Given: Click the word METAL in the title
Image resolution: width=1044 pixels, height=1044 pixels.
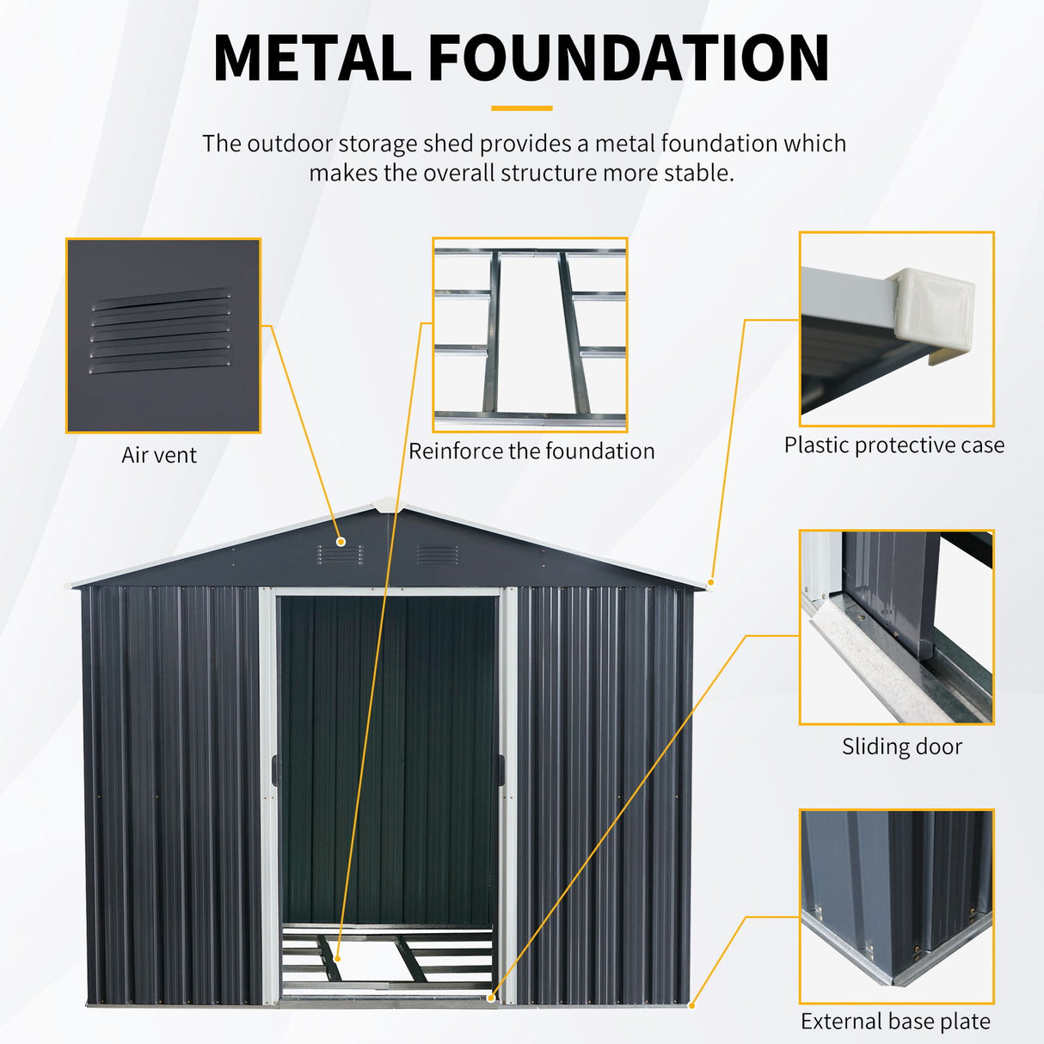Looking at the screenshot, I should coord(312,58).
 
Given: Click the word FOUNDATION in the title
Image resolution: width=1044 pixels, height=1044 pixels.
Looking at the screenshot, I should coord(628,58).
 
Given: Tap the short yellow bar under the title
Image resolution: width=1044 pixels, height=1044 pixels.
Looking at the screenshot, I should coord(522,108).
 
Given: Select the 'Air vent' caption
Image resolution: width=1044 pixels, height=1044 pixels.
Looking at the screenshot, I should coord(159,455).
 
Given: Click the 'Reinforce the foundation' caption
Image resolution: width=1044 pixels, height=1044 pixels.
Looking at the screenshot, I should coord(531,451).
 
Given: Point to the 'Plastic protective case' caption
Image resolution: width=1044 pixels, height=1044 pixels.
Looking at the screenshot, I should coord(894,445).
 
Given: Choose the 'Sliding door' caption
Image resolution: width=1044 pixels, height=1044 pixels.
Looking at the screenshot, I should coord(901,746).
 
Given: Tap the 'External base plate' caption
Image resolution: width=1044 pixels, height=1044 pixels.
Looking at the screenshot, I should coord(895,1022).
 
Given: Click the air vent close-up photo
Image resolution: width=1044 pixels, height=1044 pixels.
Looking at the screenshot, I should coord(163,335).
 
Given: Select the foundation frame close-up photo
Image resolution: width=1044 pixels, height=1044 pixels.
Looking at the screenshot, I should coord(530,335).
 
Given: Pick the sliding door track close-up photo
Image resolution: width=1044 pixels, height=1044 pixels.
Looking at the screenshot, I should coord(896,627).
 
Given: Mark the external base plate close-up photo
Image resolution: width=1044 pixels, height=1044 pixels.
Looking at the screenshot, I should coord(896,906).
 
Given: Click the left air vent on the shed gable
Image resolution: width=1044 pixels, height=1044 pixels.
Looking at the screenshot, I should coord(340,555).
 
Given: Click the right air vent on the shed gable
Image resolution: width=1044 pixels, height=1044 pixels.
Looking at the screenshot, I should coord(436,555).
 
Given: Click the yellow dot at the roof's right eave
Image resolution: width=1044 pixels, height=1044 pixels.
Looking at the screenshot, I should coord(711,582).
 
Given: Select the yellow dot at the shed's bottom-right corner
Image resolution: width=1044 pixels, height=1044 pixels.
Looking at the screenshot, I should coord(692,1004).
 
